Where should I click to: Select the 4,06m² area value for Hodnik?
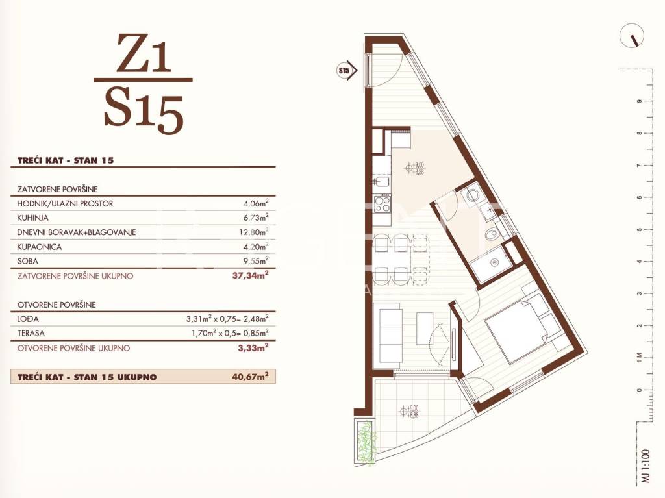[256, 203]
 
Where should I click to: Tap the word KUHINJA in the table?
[32, 218]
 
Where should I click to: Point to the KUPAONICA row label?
[40, 247]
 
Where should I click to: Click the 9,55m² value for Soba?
[256, 261]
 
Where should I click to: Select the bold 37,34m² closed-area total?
[250, 276]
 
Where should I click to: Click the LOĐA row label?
[28, 319]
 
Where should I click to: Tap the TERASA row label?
[31, 334]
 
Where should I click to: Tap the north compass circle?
[631, 36]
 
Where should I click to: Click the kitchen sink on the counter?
[382, 182]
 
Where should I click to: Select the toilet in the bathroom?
[492, 234]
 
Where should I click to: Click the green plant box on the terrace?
[365, 441]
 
